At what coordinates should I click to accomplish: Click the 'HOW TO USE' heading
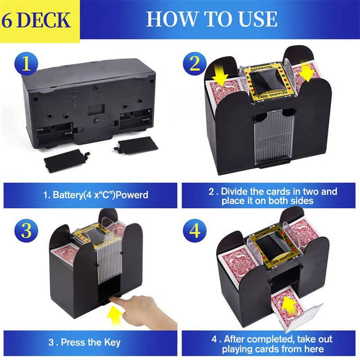tap(211, 18)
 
